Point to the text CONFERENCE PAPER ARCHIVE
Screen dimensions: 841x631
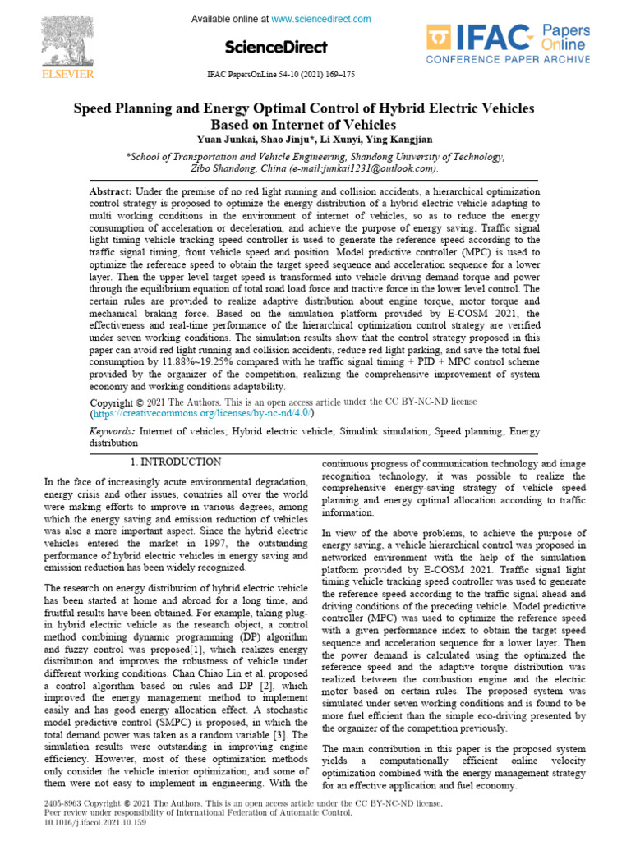[x=508, y=60]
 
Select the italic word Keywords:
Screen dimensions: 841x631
[x=112, y=430]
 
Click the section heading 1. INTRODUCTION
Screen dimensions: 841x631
[x=176, y=462]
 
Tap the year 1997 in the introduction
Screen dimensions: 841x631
[x=191, y=543]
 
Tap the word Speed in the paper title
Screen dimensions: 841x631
[x=94, y=108]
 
